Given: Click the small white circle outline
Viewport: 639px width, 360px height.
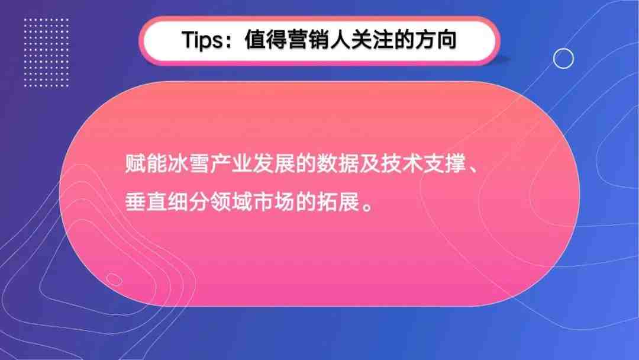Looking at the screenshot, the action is (563, 49).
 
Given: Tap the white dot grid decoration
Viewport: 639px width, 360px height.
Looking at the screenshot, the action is (46, 52).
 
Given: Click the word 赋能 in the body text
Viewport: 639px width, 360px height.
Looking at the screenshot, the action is (146, 164).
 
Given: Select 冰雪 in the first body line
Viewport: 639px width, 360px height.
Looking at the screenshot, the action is (188, 164).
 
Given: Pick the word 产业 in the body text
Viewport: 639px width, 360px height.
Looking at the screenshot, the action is (231, 164).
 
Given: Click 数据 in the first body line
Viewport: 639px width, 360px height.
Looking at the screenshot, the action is (337, 164).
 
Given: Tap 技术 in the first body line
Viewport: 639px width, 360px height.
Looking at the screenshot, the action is (401, 164).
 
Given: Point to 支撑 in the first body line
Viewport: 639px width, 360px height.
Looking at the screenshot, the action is (444, 164).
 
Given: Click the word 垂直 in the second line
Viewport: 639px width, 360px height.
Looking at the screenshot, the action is (146, 201).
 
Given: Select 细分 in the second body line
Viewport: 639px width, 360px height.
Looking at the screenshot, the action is (188, 201).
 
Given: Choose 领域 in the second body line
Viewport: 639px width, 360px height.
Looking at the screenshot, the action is (231, 201).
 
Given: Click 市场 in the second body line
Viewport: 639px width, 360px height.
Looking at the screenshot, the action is (273, 201).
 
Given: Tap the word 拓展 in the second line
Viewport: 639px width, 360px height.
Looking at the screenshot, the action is (337, 201).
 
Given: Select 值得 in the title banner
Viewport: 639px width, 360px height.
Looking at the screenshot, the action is (266, 40).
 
